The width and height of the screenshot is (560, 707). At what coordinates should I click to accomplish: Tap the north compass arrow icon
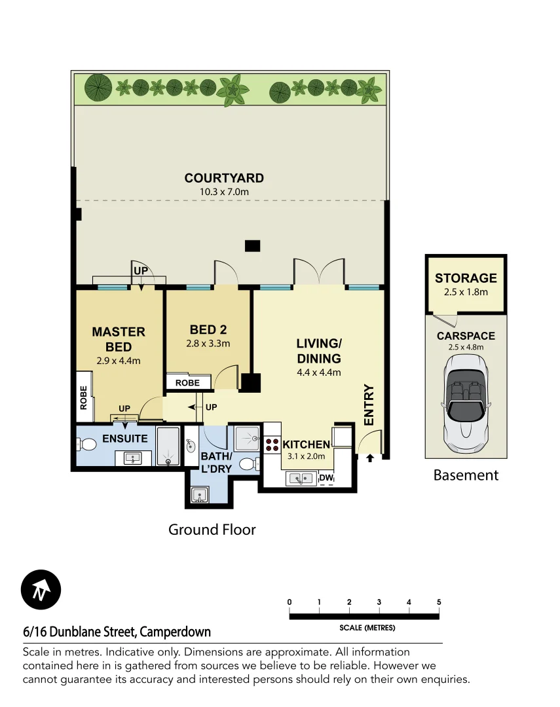41,590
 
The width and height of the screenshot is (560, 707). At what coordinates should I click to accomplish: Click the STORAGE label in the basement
466,278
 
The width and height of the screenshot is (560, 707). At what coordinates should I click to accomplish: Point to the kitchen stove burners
272,444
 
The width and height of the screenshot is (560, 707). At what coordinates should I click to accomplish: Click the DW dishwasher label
326,479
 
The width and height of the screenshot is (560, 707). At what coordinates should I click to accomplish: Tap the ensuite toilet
87,445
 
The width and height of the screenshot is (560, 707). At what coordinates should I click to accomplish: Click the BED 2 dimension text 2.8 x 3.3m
208,343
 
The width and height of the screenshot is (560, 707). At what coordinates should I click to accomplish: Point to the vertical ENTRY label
368,405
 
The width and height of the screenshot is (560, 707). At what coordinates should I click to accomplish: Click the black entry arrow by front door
369,458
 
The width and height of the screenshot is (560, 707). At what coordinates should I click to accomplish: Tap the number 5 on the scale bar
439,602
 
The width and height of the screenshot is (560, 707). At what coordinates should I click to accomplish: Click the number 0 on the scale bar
289,602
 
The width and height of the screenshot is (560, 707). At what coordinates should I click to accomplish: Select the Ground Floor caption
212,529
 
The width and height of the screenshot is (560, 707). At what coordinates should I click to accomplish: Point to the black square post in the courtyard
252,246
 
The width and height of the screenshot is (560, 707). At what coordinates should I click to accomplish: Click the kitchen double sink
301,479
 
